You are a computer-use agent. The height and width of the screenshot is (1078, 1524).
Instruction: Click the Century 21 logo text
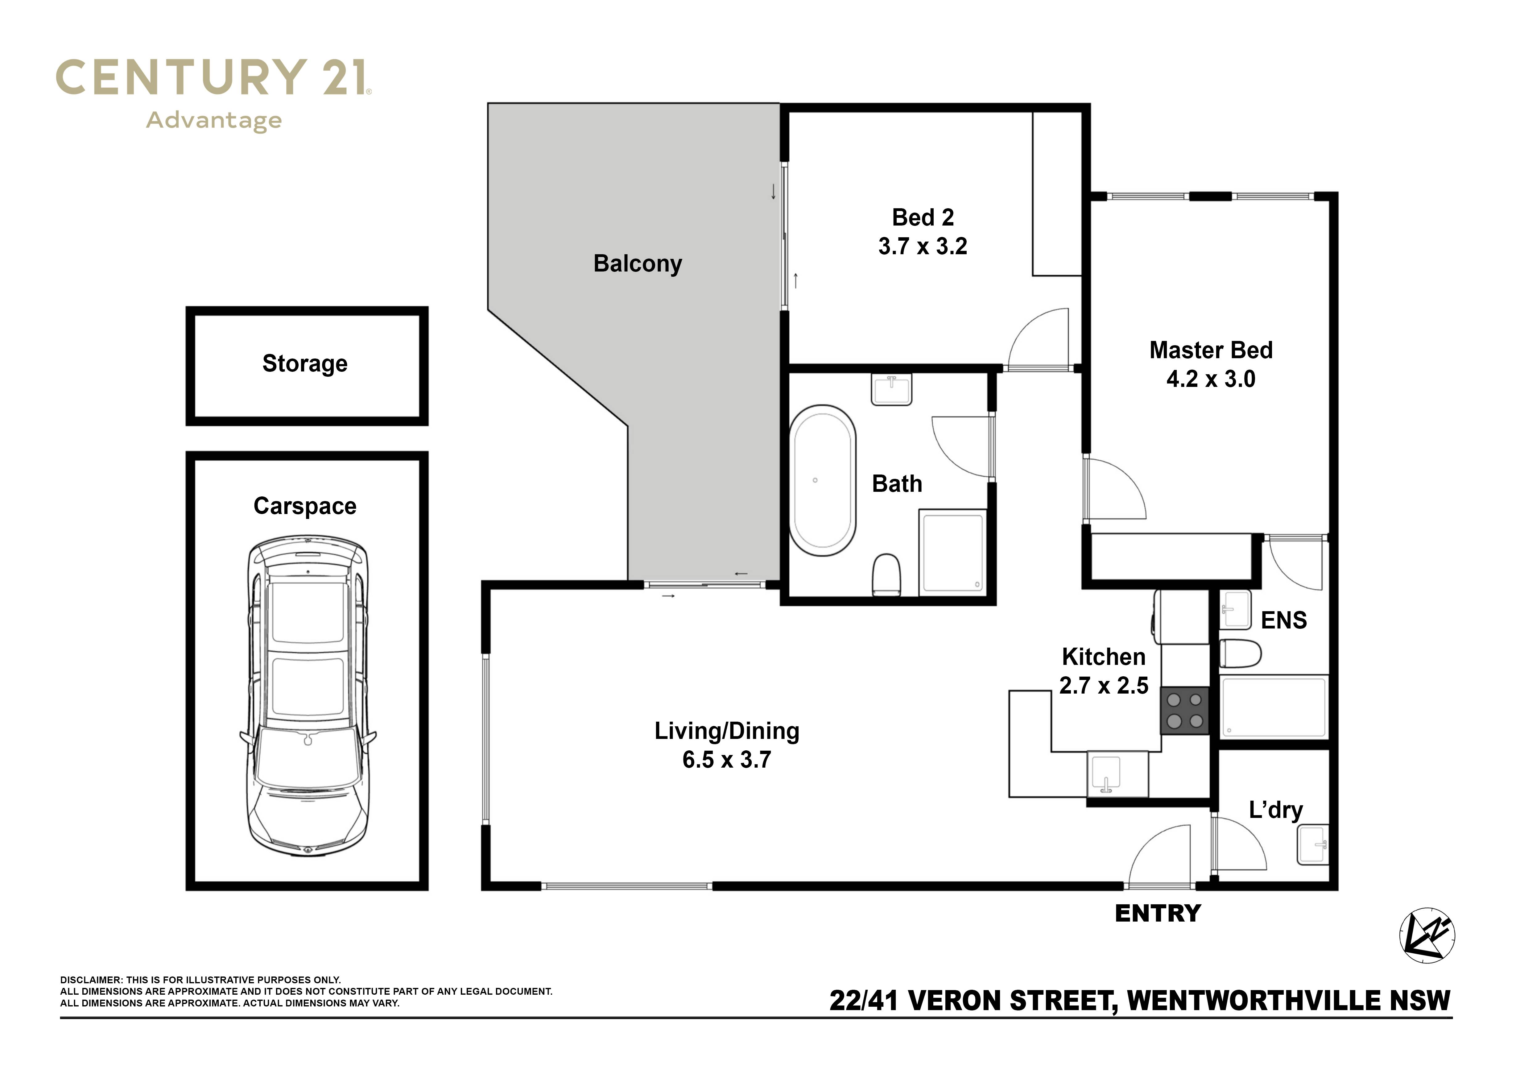[x=214, y=78]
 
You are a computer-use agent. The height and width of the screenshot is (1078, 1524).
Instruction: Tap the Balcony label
[x=638, y=263]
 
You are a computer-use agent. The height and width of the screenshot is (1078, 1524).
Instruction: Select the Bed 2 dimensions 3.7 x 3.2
[x=923, y=246]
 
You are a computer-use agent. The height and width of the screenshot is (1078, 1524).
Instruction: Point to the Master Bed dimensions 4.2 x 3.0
[x=1211, y=379]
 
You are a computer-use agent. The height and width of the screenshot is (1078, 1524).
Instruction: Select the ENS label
[x=1284, y=620]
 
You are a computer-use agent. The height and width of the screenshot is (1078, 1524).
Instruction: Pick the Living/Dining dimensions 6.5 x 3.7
[x=727, y=759]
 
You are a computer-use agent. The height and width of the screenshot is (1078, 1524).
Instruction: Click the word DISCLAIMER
[x=91, y=980]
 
